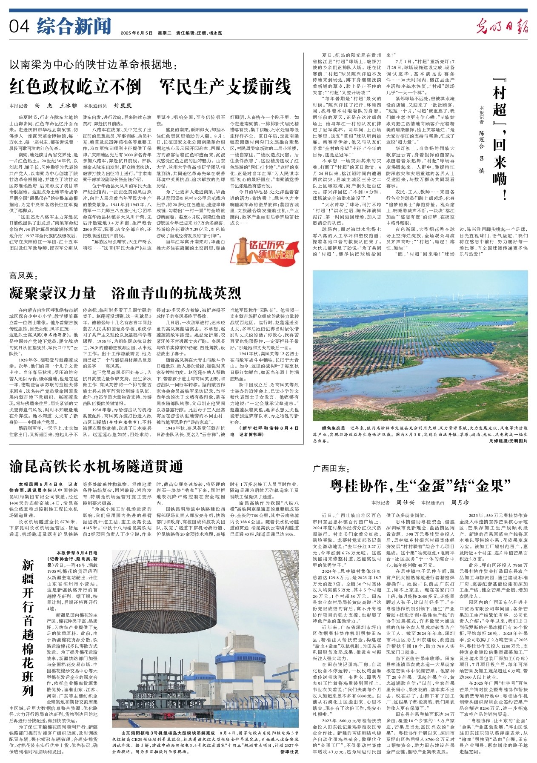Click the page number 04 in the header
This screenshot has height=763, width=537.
tap(19, 26)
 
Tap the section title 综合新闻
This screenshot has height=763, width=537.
tap(74, 26)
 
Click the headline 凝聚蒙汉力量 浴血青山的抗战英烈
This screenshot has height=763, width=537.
tap(125, 293)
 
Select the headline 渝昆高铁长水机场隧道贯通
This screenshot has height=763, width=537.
tap(96, 466)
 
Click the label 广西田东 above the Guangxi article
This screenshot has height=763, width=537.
tap(331, 468)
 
